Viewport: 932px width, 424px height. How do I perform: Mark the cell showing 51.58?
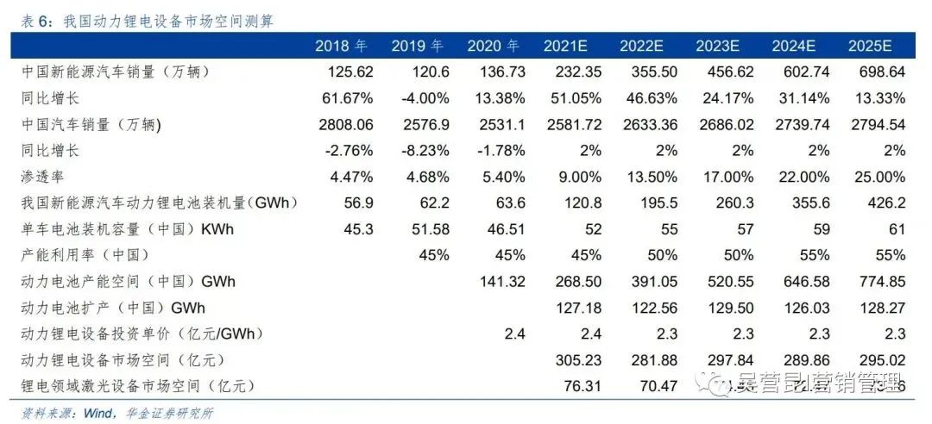click(429, 229)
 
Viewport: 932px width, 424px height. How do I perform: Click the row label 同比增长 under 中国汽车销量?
click(50, 151)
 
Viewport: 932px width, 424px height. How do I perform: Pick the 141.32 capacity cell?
click(501, 281)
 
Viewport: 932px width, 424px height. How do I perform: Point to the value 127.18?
click(577, 308)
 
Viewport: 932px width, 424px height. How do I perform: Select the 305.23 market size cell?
click(577, 359)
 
